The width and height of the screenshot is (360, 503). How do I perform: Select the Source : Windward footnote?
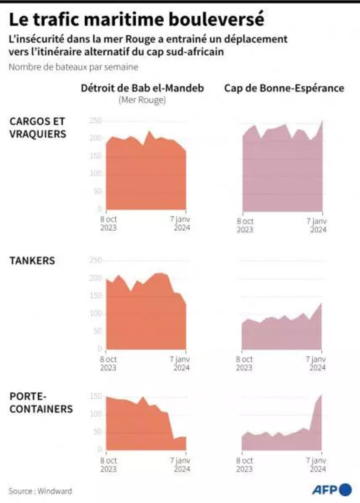(40, 491)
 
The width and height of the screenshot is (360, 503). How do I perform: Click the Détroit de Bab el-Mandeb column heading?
(142, 88)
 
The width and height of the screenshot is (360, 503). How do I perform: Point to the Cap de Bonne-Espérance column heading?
(284, 88)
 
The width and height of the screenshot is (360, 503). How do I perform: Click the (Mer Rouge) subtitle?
(142, 100)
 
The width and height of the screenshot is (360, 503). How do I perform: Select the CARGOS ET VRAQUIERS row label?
(38, 128)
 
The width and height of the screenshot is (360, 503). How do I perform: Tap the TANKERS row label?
(32, 261)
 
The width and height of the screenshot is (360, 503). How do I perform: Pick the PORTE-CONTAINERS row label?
(41, 403)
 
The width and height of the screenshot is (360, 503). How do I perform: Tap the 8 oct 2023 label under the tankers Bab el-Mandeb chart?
(108, 364)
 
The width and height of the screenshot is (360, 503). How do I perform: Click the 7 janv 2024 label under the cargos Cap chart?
(317, 225)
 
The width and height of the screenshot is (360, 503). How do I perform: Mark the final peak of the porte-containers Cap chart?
(321, 396)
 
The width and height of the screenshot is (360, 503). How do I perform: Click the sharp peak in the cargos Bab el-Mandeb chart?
(149, 131)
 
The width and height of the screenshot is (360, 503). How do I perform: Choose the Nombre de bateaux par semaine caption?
(73, 67)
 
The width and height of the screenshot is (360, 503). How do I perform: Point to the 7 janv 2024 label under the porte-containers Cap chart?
(317, 464)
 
